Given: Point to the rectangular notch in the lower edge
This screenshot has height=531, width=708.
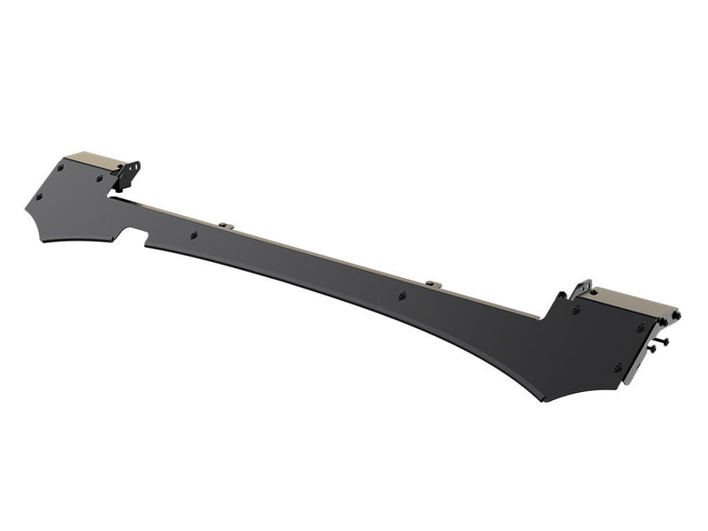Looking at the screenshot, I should coord(135,236).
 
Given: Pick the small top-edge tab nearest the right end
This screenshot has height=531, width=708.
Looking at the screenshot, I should coord(431,283).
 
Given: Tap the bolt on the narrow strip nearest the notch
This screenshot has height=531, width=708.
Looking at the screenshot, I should coord(194,235).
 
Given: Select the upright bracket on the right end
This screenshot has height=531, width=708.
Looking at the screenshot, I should coord(581,290).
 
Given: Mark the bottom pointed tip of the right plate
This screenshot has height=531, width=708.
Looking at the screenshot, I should coord(546,400).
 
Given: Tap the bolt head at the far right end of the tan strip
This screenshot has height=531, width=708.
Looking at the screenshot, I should coord(675,316).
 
